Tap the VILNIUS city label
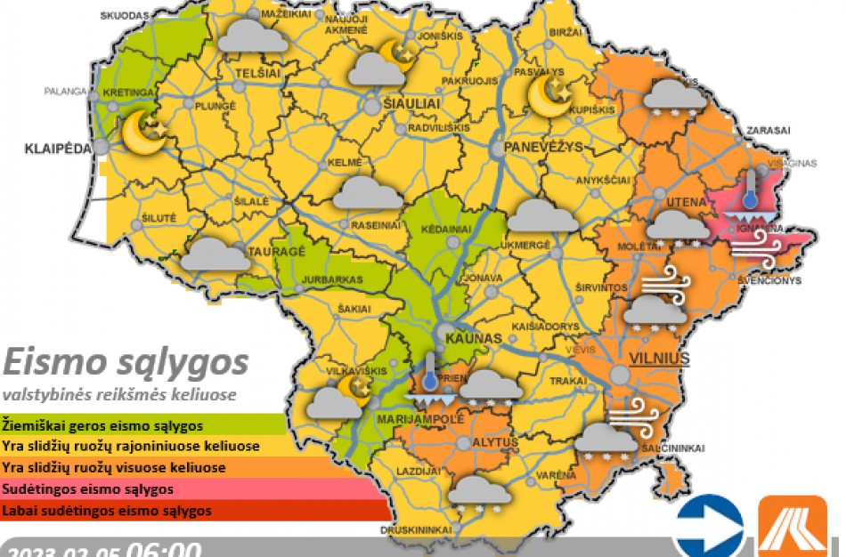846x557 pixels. (660, 359)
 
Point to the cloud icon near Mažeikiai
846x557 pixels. (252, 36)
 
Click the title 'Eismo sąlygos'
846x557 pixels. (125, 363)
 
